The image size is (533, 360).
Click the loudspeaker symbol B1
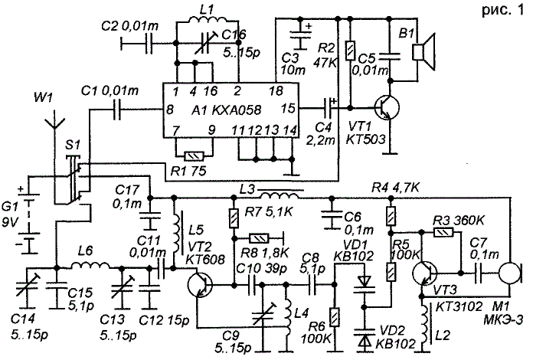pos(423,52)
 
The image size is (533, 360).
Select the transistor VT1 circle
pos(387,108)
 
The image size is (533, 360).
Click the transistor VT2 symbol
pos(200,284)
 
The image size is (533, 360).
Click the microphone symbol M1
pos(511,273)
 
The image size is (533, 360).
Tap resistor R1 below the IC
pos(194,156)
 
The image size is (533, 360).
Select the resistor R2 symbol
pos(350,51)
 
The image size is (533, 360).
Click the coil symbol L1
pos(208,21)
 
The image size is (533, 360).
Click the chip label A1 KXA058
pos(226,110)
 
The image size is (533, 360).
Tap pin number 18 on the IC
pos(275,91)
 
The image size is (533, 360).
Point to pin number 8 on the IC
pos(170,110)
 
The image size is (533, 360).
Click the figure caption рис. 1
pos(502,11)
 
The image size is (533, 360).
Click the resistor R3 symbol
pos(444,232)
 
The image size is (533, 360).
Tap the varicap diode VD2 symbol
pos(365,335)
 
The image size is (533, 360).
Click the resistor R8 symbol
pos(259,239)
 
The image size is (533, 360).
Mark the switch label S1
pos(73,146)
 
